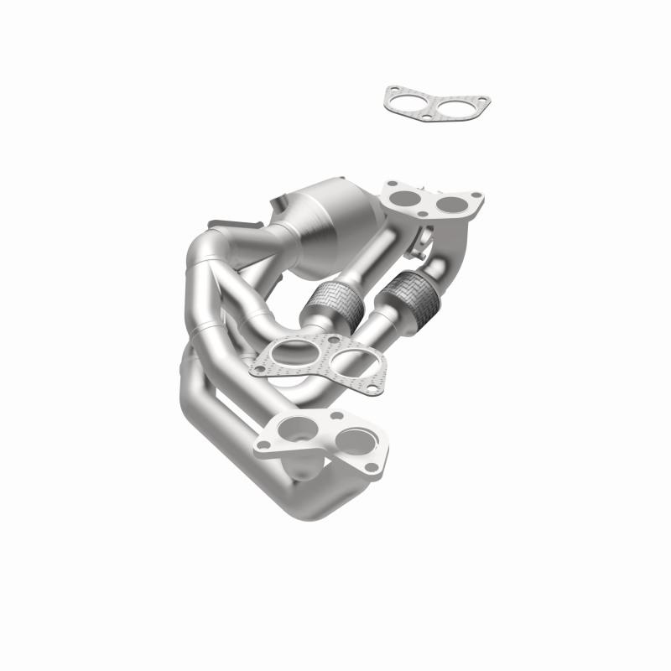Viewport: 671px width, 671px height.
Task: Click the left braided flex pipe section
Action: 331,296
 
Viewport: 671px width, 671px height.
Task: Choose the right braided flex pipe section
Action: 410,291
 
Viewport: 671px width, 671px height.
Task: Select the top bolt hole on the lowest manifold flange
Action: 337,416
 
